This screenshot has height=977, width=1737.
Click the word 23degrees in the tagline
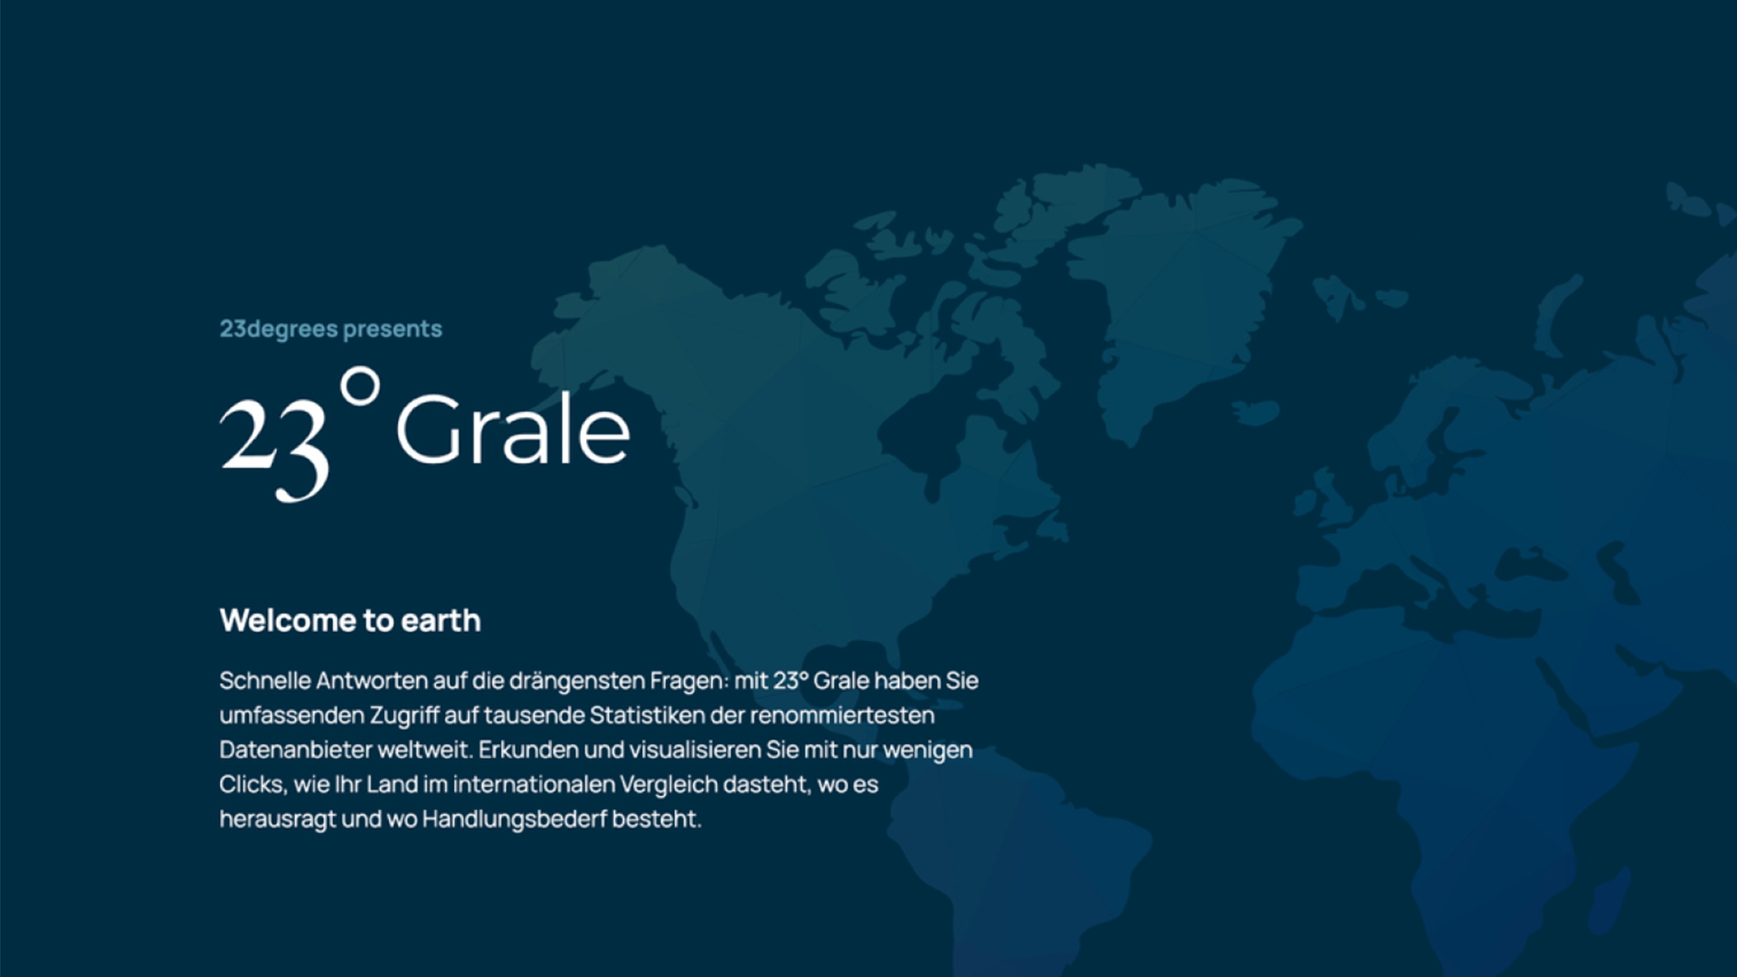click(279, 329)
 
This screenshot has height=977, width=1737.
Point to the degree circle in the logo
click(360, 386)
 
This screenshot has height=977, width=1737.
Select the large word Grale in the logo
click(513, 430)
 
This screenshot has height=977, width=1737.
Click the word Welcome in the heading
click(288, 621)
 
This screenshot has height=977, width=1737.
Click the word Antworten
click(372, 680)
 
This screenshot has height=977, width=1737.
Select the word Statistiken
click(647, 716)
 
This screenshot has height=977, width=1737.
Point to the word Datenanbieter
click(295, 750)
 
